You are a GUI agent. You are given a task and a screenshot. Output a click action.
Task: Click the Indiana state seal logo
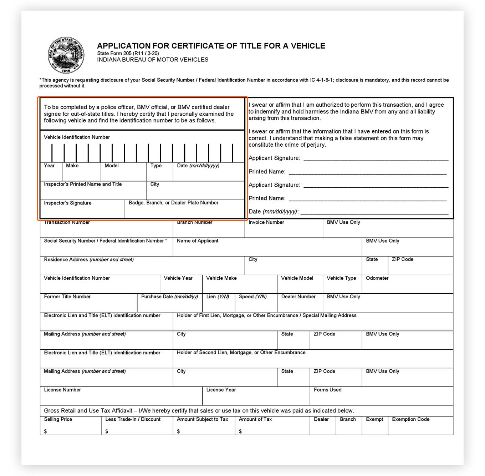66,55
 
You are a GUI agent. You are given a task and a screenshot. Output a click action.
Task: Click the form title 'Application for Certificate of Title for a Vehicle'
211,46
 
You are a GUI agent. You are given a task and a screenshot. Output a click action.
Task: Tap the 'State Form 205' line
128,54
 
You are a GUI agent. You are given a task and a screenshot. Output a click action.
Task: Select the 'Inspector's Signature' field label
68,203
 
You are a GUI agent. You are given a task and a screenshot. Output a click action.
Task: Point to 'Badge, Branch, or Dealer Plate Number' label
173,203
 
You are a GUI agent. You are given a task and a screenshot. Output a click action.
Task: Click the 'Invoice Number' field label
266,222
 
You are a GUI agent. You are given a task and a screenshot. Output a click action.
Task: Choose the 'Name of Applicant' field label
198,241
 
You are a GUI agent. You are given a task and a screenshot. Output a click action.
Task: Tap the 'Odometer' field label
377,278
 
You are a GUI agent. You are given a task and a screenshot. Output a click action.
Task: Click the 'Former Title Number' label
67,297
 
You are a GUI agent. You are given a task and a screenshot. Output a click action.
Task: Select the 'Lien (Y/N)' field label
218,297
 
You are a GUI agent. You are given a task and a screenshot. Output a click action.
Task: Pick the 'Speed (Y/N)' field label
252,297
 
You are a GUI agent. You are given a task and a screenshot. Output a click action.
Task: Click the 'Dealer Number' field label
298,297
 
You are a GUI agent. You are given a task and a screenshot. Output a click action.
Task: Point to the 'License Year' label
221,390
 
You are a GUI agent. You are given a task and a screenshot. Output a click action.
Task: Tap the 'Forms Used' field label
327,390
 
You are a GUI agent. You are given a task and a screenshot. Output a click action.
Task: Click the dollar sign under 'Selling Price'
45,431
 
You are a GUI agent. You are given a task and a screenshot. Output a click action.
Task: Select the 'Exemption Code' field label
410,419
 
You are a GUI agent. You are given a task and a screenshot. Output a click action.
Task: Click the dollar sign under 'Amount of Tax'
240,431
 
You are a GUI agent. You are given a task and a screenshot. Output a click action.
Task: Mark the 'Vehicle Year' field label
178,278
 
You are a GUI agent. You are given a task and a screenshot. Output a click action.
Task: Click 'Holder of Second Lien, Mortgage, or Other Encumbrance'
241,353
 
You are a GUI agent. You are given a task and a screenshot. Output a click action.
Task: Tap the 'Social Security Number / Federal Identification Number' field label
105,241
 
